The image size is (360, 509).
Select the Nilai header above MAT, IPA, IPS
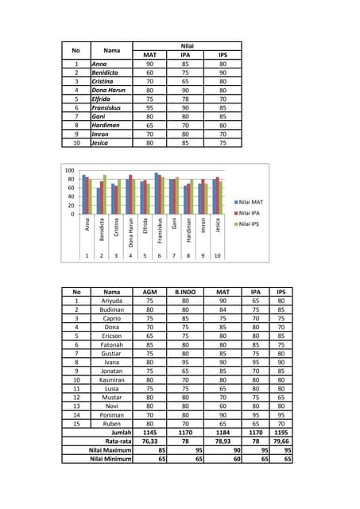click(187, 45)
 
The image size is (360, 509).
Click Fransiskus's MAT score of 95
click(149, 107)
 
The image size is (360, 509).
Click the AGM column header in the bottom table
click(148, 292)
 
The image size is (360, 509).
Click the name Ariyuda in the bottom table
click(111, 301)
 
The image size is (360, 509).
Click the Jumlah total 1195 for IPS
click(280, 431)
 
